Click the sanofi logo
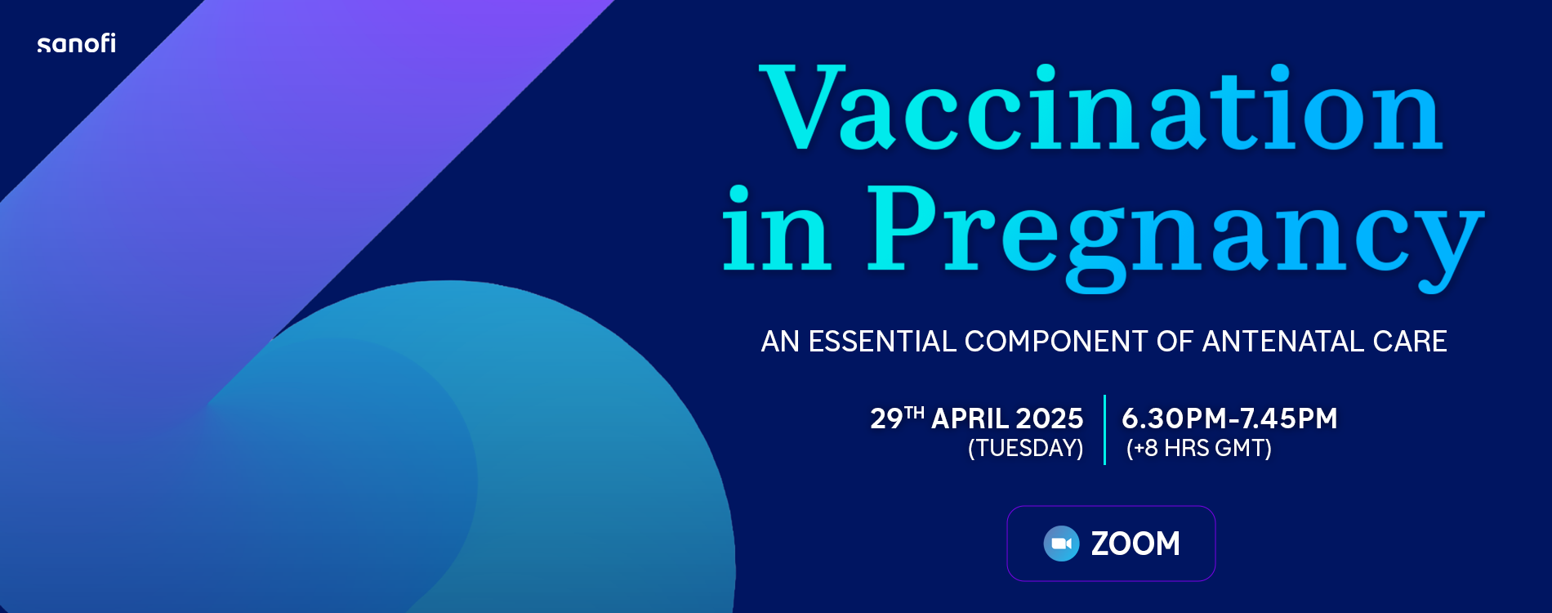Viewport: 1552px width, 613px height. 77,43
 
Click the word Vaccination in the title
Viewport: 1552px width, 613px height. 1101,108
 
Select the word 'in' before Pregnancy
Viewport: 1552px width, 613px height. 777,230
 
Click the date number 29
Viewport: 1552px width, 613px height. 886,419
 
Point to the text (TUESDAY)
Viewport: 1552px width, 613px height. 1025,449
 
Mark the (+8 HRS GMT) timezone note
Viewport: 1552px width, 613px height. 1198,449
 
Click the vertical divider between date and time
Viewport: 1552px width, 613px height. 1104,430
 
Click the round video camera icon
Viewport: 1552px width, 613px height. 1061,544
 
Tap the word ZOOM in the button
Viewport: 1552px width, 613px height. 1135,544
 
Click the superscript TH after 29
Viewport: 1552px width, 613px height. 914,413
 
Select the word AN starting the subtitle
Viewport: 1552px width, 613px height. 780,342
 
